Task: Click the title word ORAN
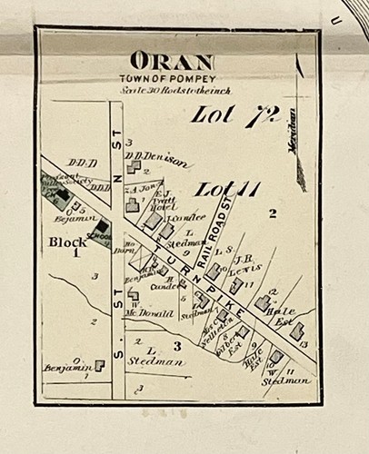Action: point(172,62)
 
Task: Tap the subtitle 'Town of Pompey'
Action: point(172,79)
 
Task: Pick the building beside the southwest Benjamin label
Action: point(99,364)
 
